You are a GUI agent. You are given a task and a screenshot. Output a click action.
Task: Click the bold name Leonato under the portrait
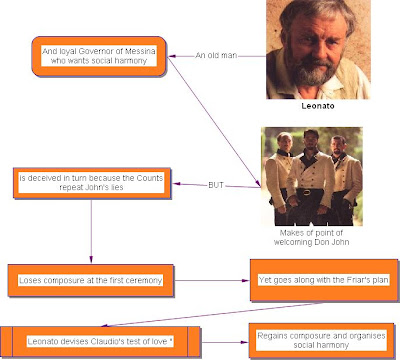(x=323, y=104)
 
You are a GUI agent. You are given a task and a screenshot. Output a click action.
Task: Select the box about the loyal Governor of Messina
(x=98, y=55)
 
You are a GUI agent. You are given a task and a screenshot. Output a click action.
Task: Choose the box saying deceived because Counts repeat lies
(x=91, y=183)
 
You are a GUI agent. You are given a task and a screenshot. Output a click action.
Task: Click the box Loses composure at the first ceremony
(x=91, y=274)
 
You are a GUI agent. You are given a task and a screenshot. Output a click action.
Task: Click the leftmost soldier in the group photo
(x=284, y=178)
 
